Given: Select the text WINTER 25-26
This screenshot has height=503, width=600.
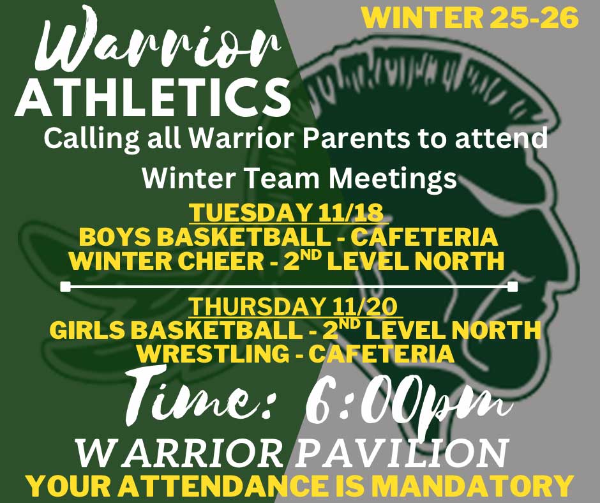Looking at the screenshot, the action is [470, 18].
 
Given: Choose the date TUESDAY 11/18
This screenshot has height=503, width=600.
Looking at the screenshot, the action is [287, 213].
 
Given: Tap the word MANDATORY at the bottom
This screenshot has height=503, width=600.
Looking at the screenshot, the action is [473, 485].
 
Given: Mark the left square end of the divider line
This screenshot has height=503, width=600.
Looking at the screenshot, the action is [66, 287].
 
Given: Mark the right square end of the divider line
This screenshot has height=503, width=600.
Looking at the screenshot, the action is [514, 287].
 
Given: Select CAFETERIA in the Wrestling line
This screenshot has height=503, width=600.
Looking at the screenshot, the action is [382, 354].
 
